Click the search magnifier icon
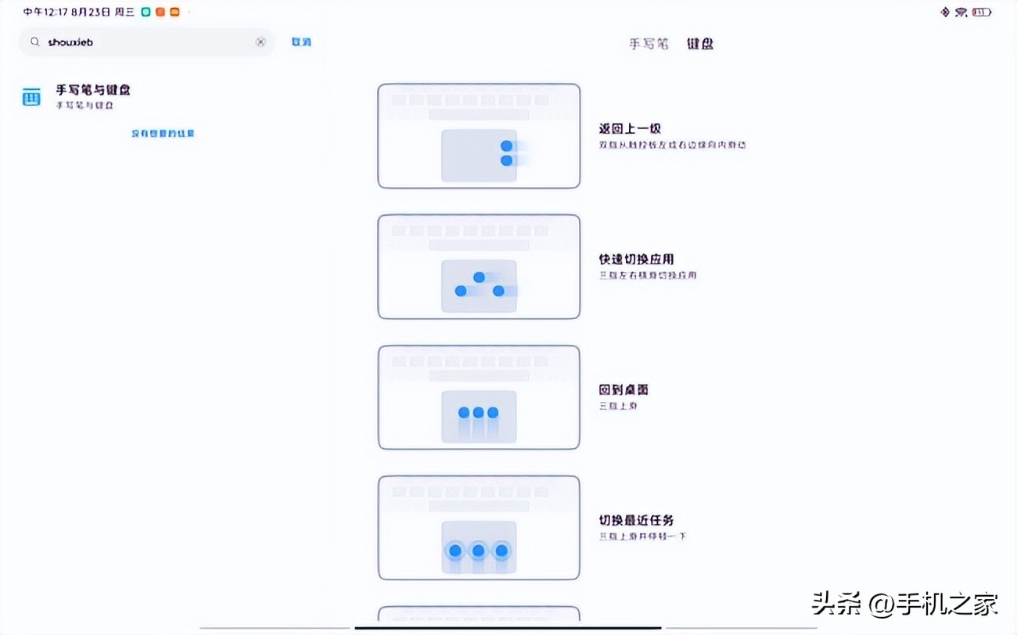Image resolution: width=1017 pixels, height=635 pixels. coord(34,42)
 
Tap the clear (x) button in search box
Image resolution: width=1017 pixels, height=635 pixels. coord(261,42)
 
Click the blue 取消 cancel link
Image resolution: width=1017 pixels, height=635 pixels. coord(301,42)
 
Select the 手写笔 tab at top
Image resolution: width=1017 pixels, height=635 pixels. coord(649,44)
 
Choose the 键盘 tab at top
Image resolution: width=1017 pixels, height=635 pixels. coord(700,44)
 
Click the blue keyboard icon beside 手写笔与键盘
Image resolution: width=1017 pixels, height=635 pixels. coord(31,98)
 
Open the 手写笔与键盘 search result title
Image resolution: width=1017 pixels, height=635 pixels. coord(92,91)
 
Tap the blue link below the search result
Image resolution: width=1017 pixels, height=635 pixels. coord(163,134)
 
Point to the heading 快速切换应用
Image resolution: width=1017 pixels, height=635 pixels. coord(636,260)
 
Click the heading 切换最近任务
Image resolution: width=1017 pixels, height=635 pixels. coord(636,520)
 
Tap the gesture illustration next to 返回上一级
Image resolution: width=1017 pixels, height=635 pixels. coord(479,136)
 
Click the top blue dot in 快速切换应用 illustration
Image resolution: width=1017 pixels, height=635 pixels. coord(479,278)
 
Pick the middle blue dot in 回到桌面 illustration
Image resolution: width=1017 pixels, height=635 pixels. coord(478,412)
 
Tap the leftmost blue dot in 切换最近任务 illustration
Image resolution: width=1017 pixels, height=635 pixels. coord(455,551)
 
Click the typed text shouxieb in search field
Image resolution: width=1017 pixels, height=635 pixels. coord(70,42)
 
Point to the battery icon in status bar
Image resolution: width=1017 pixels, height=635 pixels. coord(982,13)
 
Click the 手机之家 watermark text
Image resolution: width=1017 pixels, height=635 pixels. coord(961,603)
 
